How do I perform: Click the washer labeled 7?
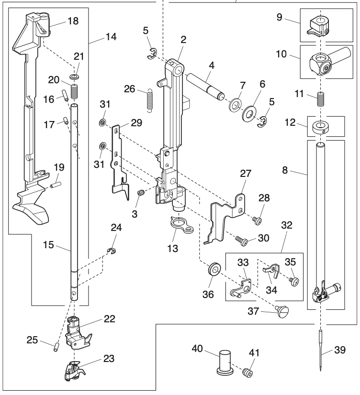click(235, 104)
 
